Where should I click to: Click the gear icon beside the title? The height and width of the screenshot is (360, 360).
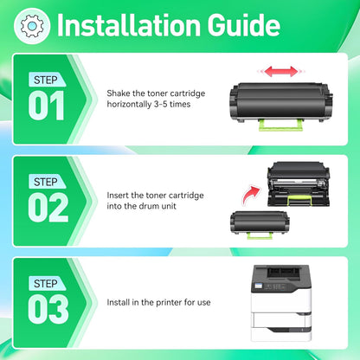click(31, 26)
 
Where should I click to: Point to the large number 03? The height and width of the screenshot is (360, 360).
click(47, 309)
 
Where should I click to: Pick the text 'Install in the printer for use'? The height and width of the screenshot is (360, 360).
click(159, 303)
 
